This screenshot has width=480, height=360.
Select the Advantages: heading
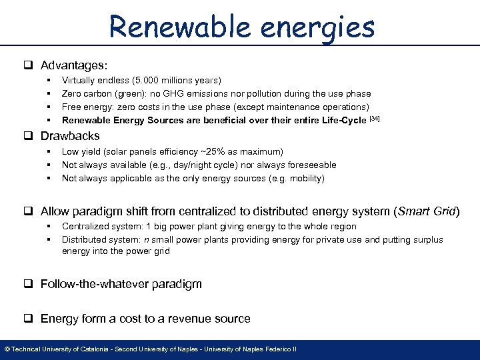(74, 65)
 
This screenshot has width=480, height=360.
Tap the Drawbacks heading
(70, 136)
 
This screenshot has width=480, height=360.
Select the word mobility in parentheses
(304, 178)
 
